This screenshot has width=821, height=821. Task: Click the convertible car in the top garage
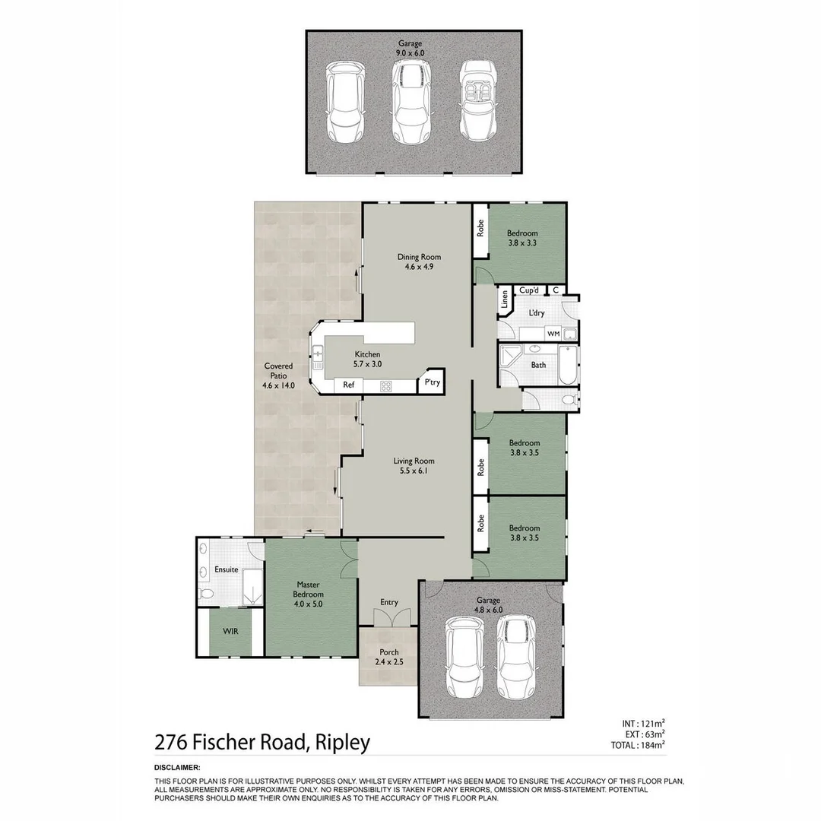click(x=478, y=101)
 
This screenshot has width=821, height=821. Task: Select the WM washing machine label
click(x=553, y=334)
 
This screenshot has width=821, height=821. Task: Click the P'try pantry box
click(x=432, y=383)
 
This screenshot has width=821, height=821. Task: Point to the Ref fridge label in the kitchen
click(x=349, y=385)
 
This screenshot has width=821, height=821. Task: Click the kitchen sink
click(x=318, y=353)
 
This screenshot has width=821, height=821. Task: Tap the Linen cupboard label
click(x=504, y=301)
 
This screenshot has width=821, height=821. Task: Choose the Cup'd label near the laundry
click(x=528, y=290)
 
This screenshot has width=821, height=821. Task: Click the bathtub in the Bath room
click(x=566, y=366)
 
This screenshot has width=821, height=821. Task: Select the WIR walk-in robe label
click(x=231, y=632)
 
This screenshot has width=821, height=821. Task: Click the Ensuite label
click(x=227, y=569)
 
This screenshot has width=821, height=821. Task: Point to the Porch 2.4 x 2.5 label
click(x=388, y=657)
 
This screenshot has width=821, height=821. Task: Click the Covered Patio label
click(x=278, y=376)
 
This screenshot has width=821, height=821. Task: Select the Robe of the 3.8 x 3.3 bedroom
click(x=480, y=228)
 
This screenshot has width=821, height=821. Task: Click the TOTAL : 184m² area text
click(x=638, y=745)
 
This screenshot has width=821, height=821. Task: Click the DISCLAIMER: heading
click(x=177, y=768)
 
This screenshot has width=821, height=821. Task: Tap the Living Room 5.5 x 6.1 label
click(x=414, y=465)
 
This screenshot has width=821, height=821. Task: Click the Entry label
click(x=388, y=602)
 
